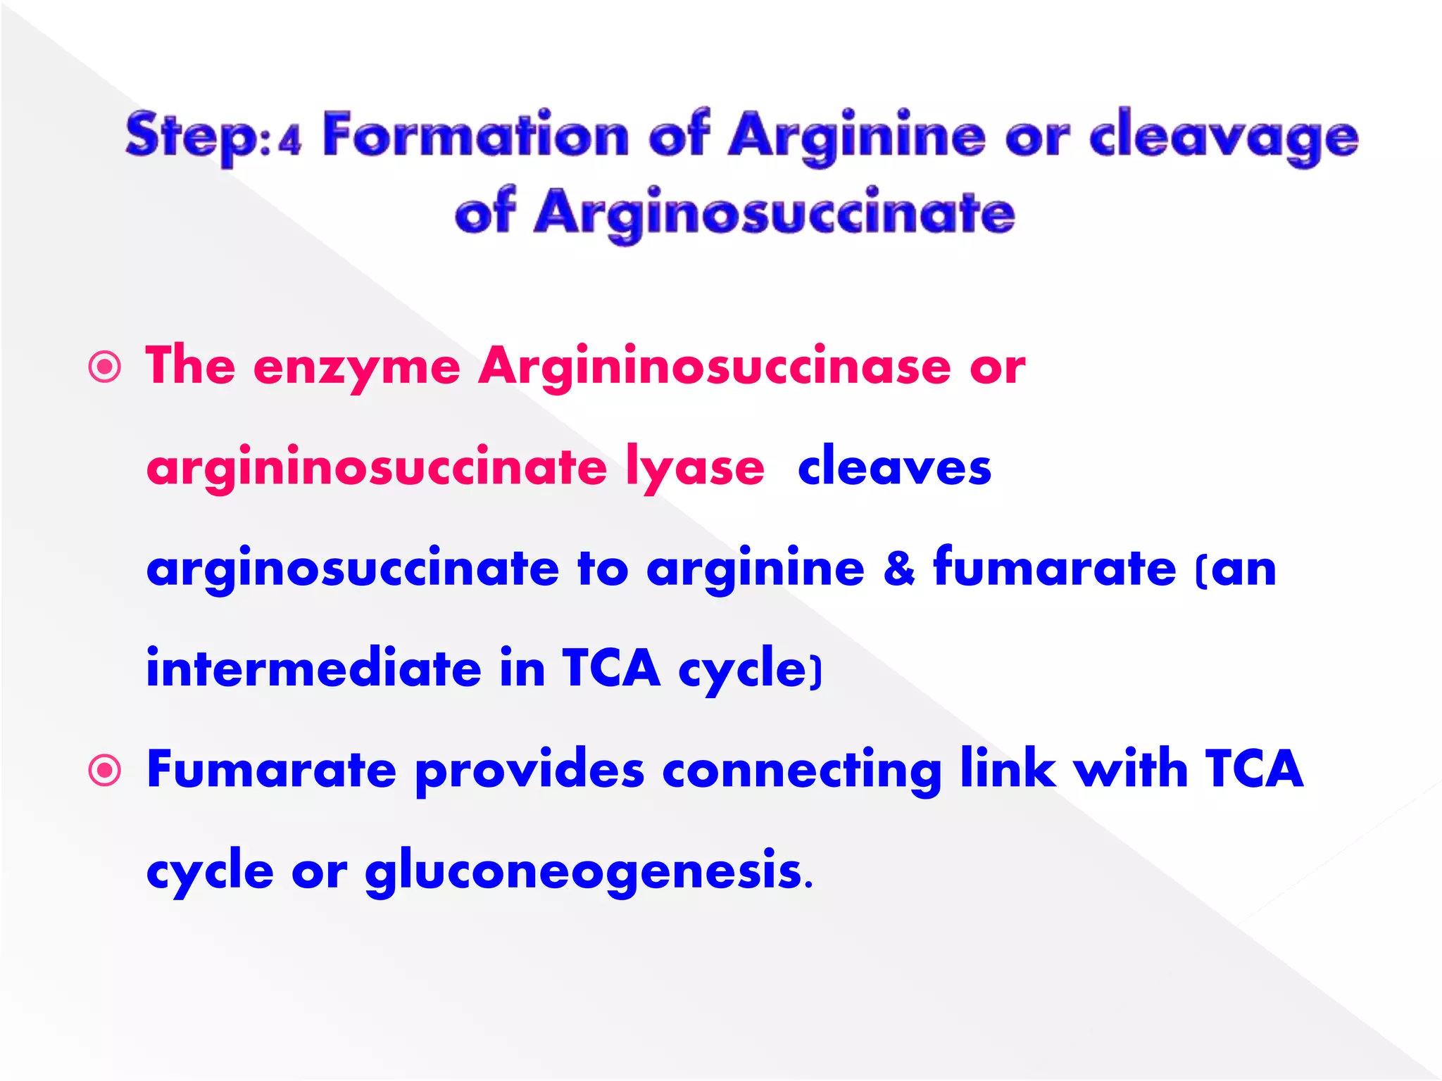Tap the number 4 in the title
[289, 141]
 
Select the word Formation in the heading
[475, 134]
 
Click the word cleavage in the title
[1224, 136]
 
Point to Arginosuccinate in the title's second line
[775, 213]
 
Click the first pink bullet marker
[105, 367]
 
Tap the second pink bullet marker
[105, 771]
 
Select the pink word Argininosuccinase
[714, 367]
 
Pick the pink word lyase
[694, 468]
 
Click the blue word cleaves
[894, 467]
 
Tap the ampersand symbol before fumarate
[898, 568]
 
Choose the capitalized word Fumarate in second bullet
[271, 769]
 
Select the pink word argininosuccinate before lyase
[376, 468]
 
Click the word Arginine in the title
[856, 136]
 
